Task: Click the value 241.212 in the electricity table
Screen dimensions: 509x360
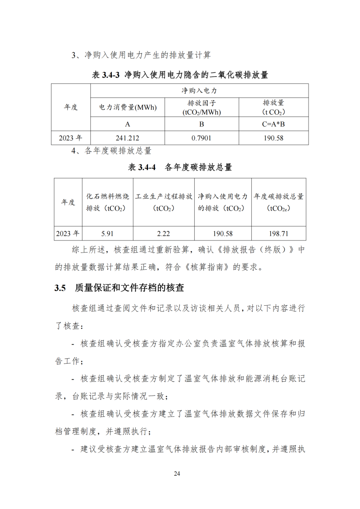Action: (x=127, y=138)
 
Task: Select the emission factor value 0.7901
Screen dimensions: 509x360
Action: (x=201, y=138)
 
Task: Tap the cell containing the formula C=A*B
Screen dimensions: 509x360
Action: (x=273, y=124)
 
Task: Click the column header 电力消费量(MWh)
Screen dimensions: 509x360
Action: (x=127, y=108)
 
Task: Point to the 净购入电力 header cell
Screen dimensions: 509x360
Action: (x=199, y=90)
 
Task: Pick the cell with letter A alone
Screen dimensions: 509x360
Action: (x=127, y=124)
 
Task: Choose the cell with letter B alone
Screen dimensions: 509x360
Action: (x=201, y=124)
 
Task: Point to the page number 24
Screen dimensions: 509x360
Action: (x=177, y=474)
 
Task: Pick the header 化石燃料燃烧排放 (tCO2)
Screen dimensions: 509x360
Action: (x=108, y=202)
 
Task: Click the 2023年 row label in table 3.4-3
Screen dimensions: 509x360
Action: (x=70, y=138)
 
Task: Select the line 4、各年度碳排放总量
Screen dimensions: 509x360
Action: (x=112, y=151)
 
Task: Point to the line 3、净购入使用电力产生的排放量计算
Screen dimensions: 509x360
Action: (x=141, y=55)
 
